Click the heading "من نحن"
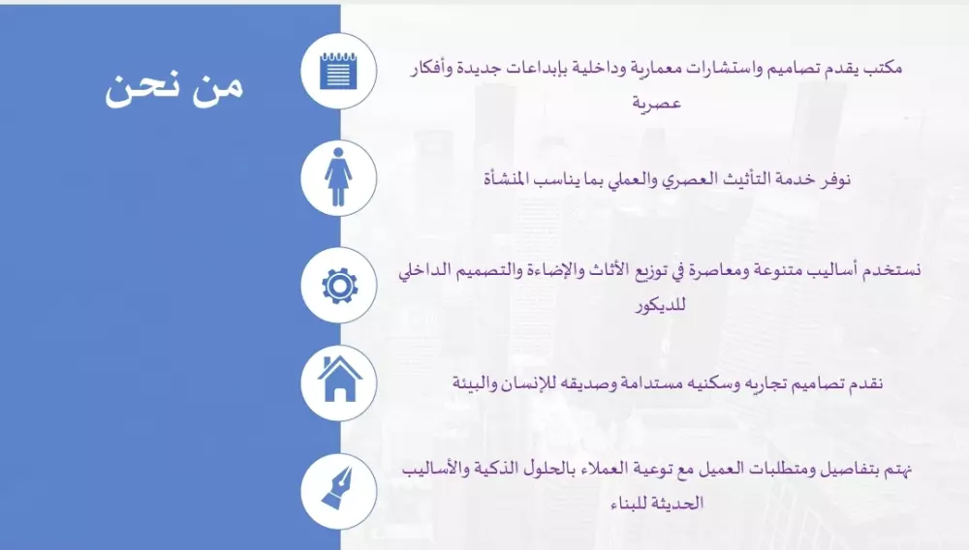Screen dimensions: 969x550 click(173, 88)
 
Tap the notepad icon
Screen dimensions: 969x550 click(338, 71)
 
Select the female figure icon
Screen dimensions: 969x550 click(338, 177)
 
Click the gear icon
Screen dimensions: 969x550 click(339, 286)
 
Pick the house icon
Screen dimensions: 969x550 click(339, 379)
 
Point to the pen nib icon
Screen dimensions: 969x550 click(337, 488)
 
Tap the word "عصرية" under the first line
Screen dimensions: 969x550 click(656, 103)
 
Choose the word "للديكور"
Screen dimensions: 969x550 click(661, 305)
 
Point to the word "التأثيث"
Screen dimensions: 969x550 click(735, 179)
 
